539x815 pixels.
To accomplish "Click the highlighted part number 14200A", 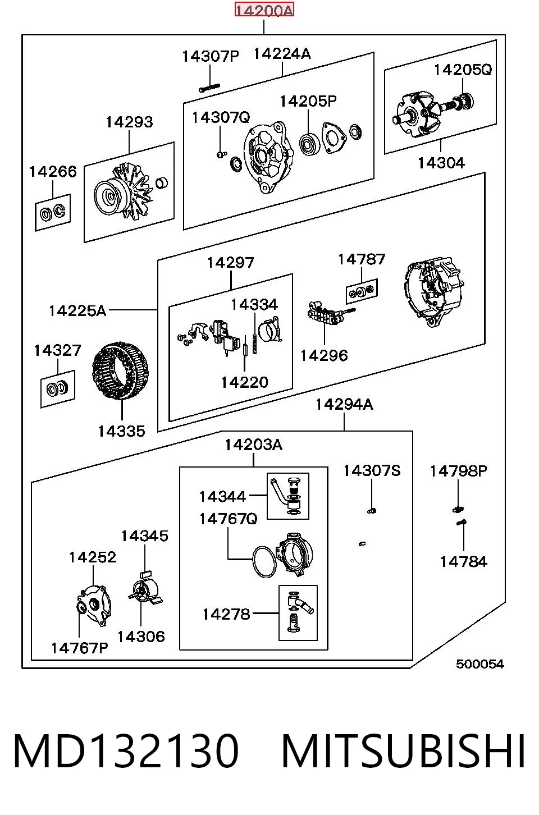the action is (264, 10).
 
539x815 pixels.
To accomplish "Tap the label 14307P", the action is (210, 56).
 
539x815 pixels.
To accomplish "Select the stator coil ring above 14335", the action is (121, 370).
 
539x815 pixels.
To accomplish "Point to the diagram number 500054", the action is (479, 664).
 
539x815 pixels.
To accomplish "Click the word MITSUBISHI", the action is (403, 751).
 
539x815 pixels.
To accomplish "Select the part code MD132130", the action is (126, 751).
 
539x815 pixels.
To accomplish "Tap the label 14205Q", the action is (463, 70).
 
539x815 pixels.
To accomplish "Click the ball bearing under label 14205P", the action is (310, 143).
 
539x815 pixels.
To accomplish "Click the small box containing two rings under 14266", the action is (53, 212).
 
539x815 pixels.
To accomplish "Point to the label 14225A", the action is (77, 311).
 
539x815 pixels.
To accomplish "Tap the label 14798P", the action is (458, 471).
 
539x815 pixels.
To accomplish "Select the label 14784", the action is (463, 562).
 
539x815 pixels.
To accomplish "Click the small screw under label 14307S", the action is (371, 511).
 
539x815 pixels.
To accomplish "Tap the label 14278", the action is (226, 615).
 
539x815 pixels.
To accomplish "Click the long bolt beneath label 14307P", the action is (209, 88).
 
